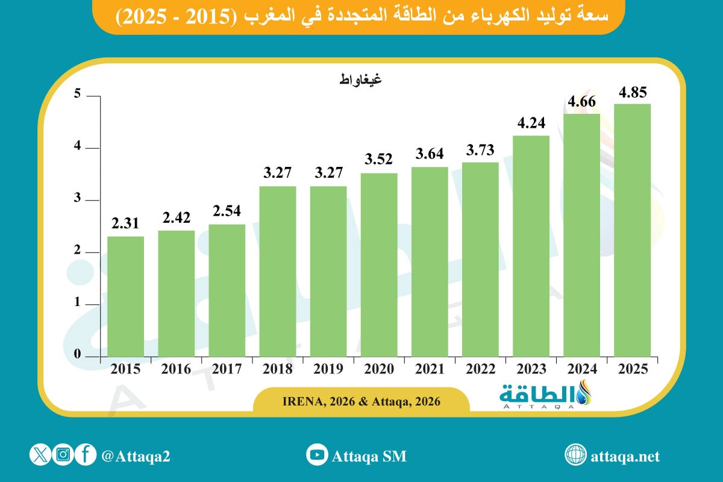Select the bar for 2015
(125, 296)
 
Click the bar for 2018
(278, 271)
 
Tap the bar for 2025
(632, 230)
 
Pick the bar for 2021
(430, 261)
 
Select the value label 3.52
(379, 160)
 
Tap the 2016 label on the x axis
(176, 369)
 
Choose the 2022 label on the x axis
(480, 369)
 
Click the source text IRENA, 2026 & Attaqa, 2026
(361, 401)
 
